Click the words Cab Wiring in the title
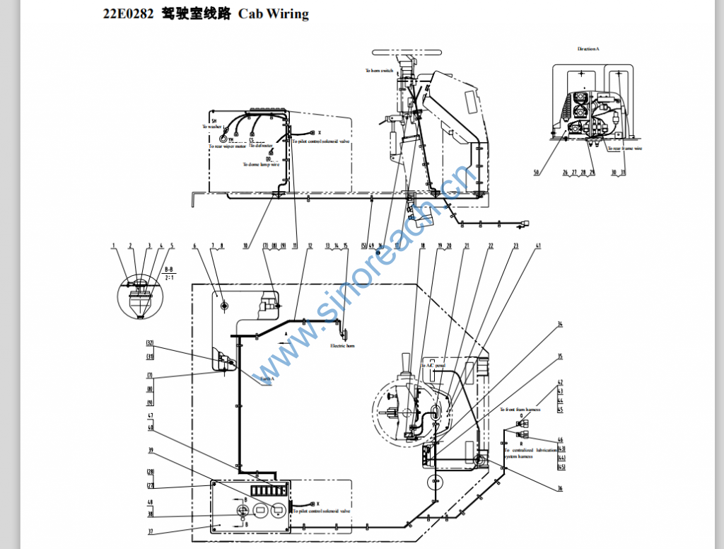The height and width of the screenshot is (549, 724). point(274,13)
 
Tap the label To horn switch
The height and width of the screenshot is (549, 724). point(379,71)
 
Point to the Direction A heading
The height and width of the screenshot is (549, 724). point(588,49)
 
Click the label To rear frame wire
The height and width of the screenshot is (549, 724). point(626,149)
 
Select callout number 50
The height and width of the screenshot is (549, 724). point(536,172)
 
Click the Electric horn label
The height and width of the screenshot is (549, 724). point(342,345)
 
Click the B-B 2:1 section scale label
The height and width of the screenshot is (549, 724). point(168,273)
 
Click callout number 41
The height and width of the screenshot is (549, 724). point(538,245)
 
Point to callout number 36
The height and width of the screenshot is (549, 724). point(559,487)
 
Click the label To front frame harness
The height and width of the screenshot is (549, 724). point(520,410)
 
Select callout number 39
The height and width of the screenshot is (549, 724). point(151,450)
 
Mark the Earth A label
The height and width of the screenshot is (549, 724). point(267,378)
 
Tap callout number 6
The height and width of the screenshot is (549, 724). point(194,245)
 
